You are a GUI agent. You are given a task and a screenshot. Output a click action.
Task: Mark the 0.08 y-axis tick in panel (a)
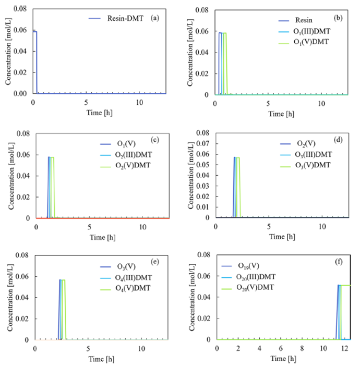(x=21, y=9)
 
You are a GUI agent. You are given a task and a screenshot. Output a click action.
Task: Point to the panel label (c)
(x=155, y=139)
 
